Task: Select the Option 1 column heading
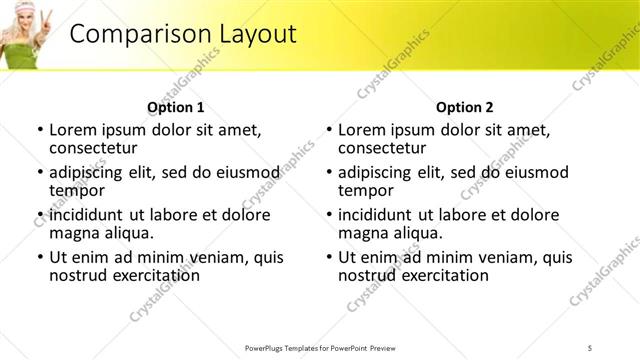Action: tap(175, 107)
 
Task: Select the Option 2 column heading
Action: tap(464, 107)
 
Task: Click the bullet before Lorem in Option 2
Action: tap(328, 130)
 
